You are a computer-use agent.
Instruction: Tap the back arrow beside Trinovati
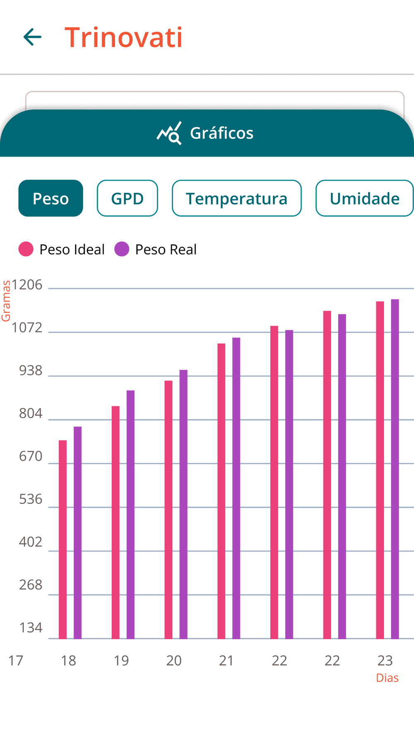(32, 37)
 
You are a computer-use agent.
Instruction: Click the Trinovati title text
(123, 37)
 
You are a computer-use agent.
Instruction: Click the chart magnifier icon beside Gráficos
(169, 133)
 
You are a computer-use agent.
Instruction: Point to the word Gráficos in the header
(221, 133)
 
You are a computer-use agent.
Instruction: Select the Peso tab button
(51, 198)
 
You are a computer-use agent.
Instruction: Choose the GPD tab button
(127, 198)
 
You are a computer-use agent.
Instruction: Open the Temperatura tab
(236, 198)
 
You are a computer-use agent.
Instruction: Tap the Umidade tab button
(364, 198)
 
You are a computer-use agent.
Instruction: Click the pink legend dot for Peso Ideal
(26, 249)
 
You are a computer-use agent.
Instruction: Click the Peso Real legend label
(166, 250)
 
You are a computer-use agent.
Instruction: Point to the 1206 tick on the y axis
(27, 285)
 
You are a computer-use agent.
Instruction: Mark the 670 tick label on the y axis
(31, 456)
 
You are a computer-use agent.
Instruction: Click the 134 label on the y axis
(31, 628)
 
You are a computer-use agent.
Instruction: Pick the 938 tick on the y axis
(31, 371)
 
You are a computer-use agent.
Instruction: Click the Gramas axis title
(6, 301)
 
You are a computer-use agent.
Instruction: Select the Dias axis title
(387, 678)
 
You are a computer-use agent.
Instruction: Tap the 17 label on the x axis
(16, 660)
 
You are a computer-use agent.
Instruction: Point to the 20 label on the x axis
(174, 660)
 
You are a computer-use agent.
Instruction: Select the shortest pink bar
(63, 539)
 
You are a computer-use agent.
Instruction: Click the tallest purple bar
(395, 468)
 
